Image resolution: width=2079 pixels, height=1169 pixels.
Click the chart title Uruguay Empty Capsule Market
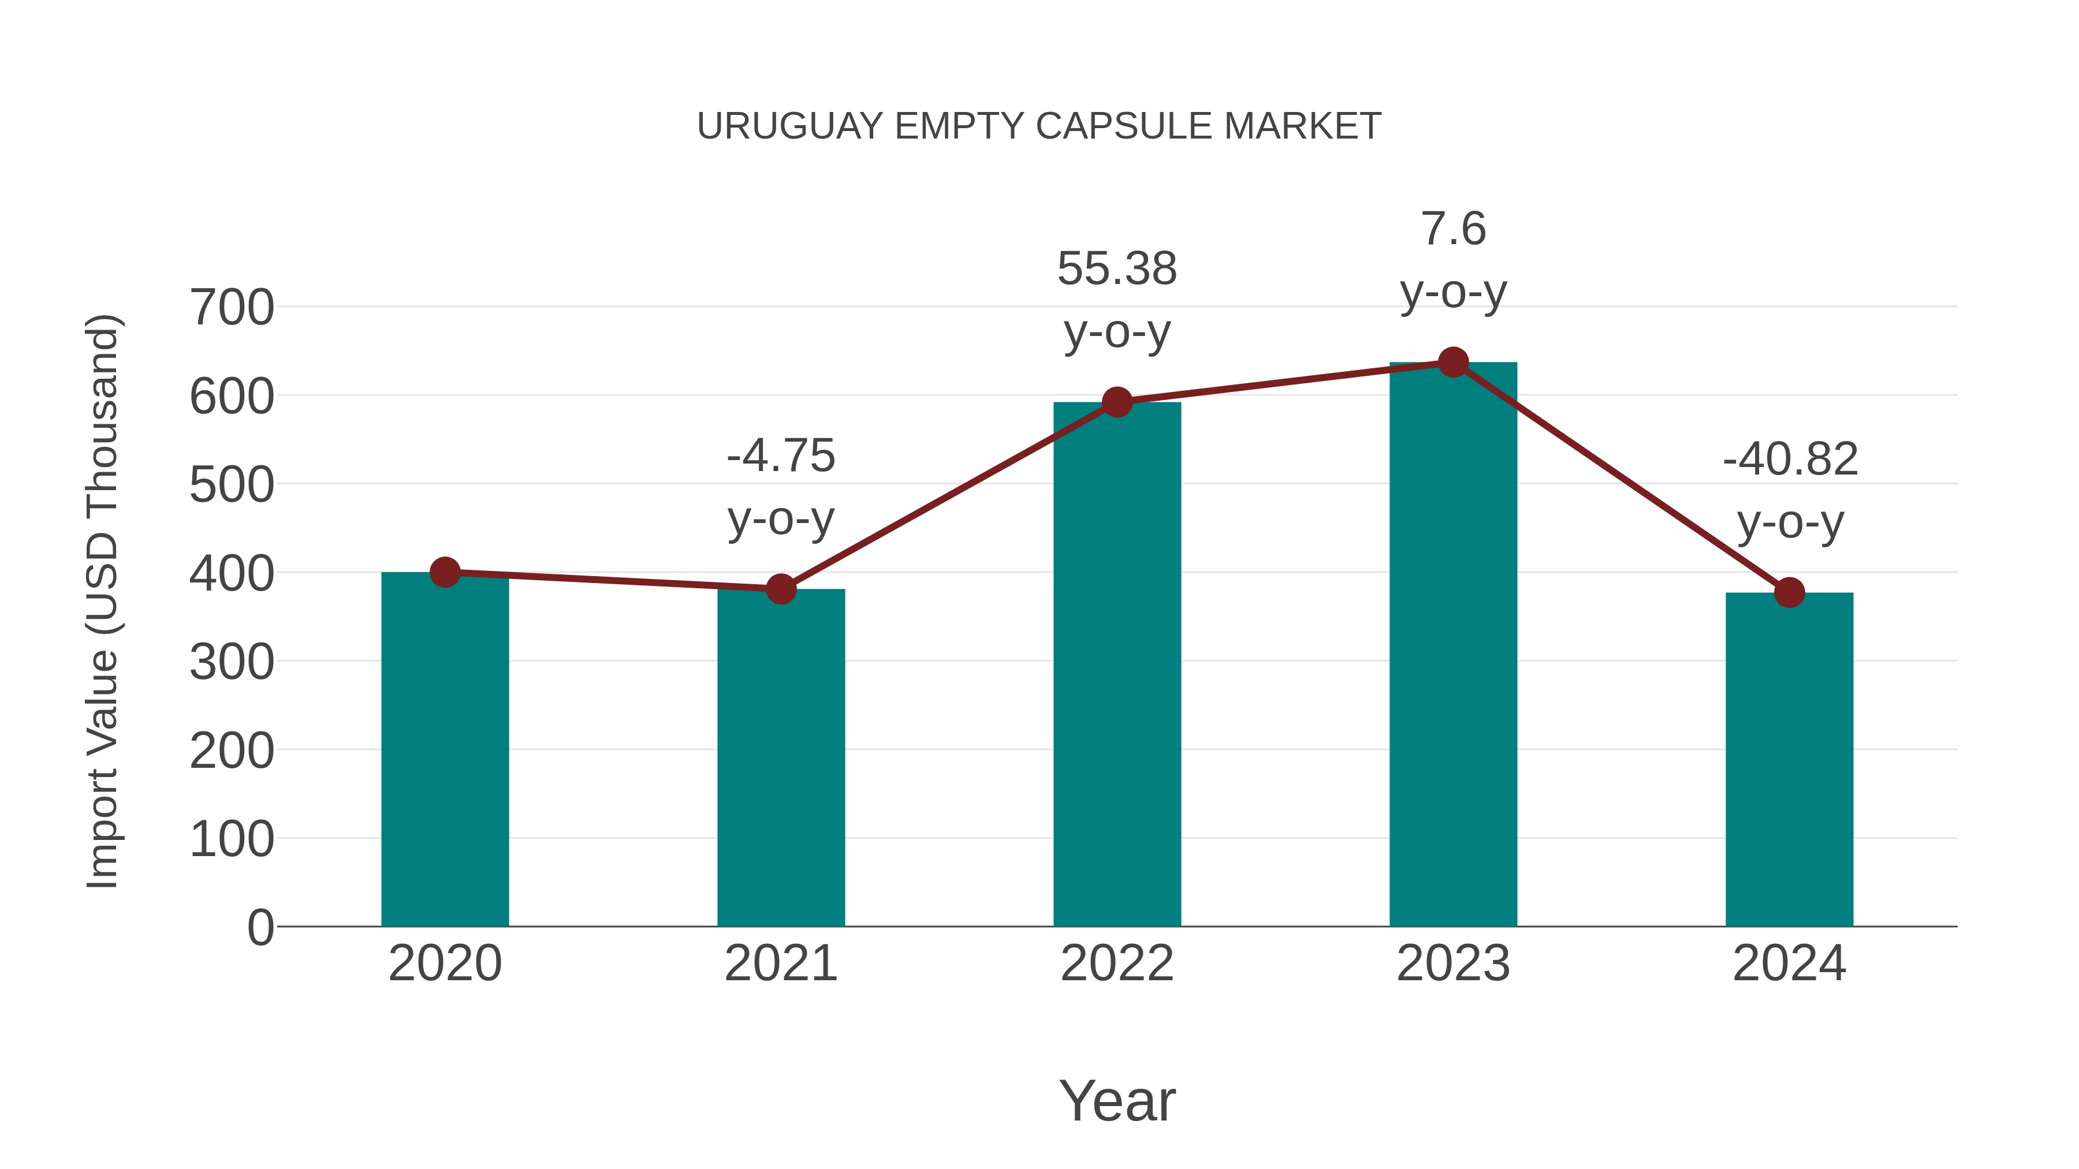(1039, 126)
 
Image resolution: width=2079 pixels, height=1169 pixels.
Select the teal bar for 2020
(445, 750)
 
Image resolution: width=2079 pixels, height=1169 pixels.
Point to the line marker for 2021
(780, 589)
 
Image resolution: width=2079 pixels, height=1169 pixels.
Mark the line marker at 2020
(445, 572)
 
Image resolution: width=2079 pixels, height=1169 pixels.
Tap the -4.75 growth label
(780, 487)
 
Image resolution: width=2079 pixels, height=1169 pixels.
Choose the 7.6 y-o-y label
(1453, 260)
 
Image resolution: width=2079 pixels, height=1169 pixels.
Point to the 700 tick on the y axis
(232, 308)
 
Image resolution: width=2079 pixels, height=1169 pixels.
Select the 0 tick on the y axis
(260, 928)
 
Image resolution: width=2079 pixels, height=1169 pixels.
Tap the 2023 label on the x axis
(1453, 964)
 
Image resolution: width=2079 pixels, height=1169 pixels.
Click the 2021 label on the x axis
(780, 964)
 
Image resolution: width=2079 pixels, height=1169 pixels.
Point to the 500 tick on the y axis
(232, 485)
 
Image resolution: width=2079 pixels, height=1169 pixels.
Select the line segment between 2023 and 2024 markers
(1620, 477)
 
